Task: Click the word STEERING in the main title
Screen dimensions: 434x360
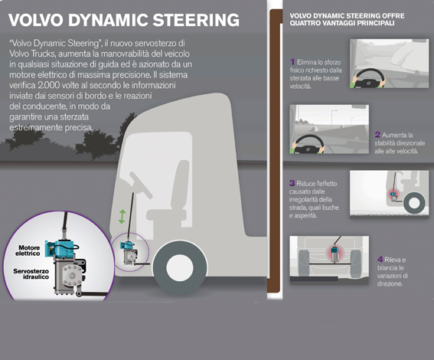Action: [x=196, y=20]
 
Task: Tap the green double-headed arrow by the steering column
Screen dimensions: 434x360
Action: [x=122, y=217]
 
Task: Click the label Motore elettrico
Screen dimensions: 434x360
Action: [x=28, y=250]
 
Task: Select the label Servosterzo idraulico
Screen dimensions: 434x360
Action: [x=31, y=274]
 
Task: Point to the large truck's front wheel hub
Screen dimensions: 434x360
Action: [x=180, y=267]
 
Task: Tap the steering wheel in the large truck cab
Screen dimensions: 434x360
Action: [x=141, y=185]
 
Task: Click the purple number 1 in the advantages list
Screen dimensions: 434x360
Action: [x=292, y=61]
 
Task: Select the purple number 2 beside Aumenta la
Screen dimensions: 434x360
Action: [x=377, y=135]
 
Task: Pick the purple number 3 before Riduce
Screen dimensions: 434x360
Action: [x=292, y=183]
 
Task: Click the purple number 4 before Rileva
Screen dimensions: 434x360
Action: [x=380, y=259]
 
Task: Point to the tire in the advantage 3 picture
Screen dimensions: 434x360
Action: [x=414, y=203]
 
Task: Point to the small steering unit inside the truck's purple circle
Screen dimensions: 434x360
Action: [x=129, y=253]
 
